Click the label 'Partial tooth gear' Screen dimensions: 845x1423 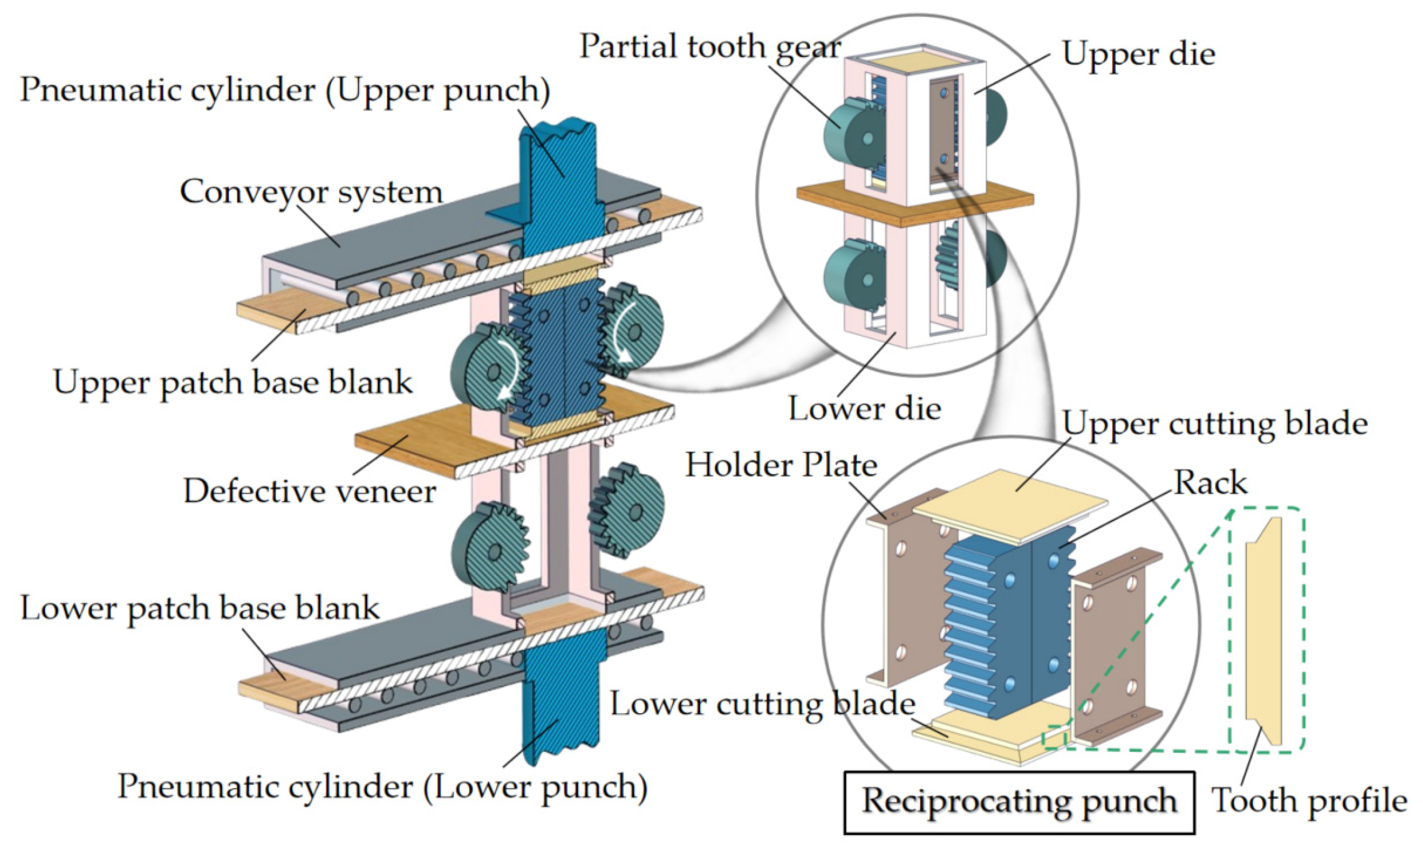coord(710,47)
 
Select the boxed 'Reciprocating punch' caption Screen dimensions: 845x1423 coord(1019,802)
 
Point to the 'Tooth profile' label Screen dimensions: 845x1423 coord(1309,801)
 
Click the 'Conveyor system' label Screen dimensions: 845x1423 coord(311,191)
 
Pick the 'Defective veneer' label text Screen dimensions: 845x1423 coord(309,491)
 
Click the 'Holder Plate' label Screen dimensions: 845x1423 coord(781,465)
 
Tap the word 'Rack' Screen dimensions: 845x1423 coord(1210,483)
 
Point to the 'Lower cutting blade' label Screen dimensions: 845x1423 coord(762,704)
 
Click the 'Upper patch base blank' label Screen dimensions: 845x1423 coord(233,382)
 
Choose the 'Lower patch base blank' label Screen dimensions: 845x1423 coord(200,608)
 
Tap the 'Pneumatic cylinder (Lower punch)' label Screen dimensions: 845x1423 coord(382,787)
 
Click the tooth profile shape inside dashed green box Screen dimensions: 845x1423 coord(1263,632)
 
